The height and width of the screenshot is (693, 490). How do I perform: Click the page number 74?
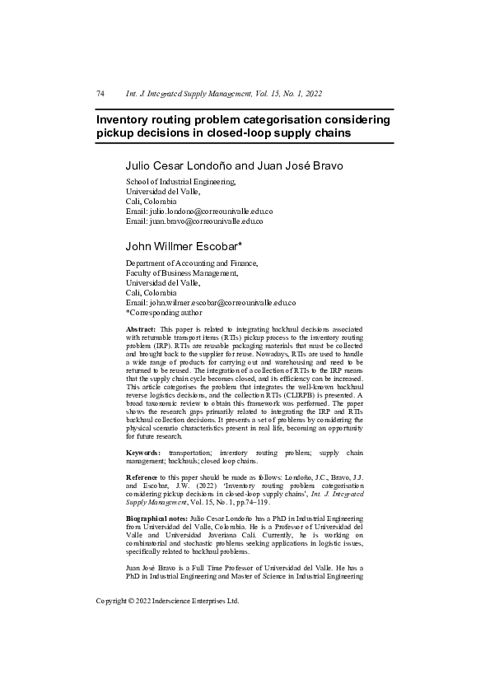pyautogui.click(x=100, y=95)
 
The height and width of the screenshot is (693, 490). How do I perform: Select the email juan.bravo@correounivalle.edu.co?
pyautogui.click(x=207, y=221)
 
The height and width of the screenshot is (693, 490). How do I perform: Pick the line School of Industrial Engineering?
pyautogui.click(x=180, y=182)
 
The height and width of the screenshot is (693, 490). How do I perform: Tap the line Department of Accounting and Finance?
pyautogui.click(x=191, y=263)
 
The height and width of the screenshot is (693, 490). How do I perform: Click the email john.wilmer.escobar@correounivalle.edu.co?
pyautogui.click(x=222, y=303)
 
